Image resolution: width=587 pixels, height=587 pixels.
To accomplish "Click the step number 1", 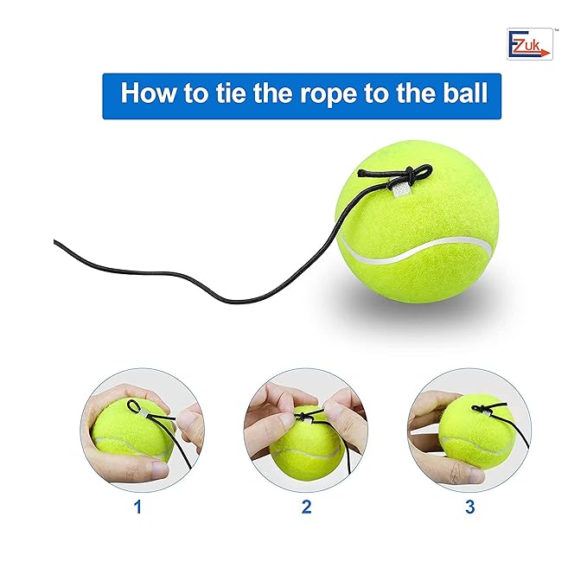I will point(137,507).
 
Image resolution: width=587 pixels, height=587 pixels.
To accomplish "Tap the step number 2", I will point(305,507).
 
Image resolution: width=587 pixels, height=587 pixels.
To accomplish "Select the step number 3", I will point(469,507).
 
